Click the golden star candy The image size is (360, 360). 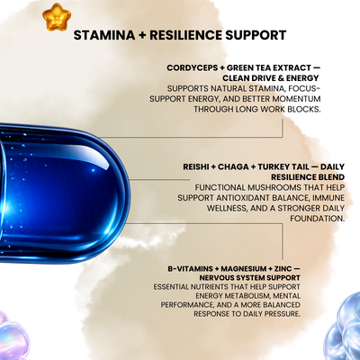tap(57, 17)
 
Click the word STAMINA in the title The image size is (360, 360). tap(104, 35)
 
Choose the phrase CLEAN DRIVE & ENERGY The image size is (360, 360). tap(271, 78)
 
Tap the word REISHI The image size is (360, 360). tap(196, 166)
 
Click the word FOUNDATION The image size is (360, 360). tap(317, 219)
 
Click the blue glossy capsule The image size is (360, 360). tap(63, 193)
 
